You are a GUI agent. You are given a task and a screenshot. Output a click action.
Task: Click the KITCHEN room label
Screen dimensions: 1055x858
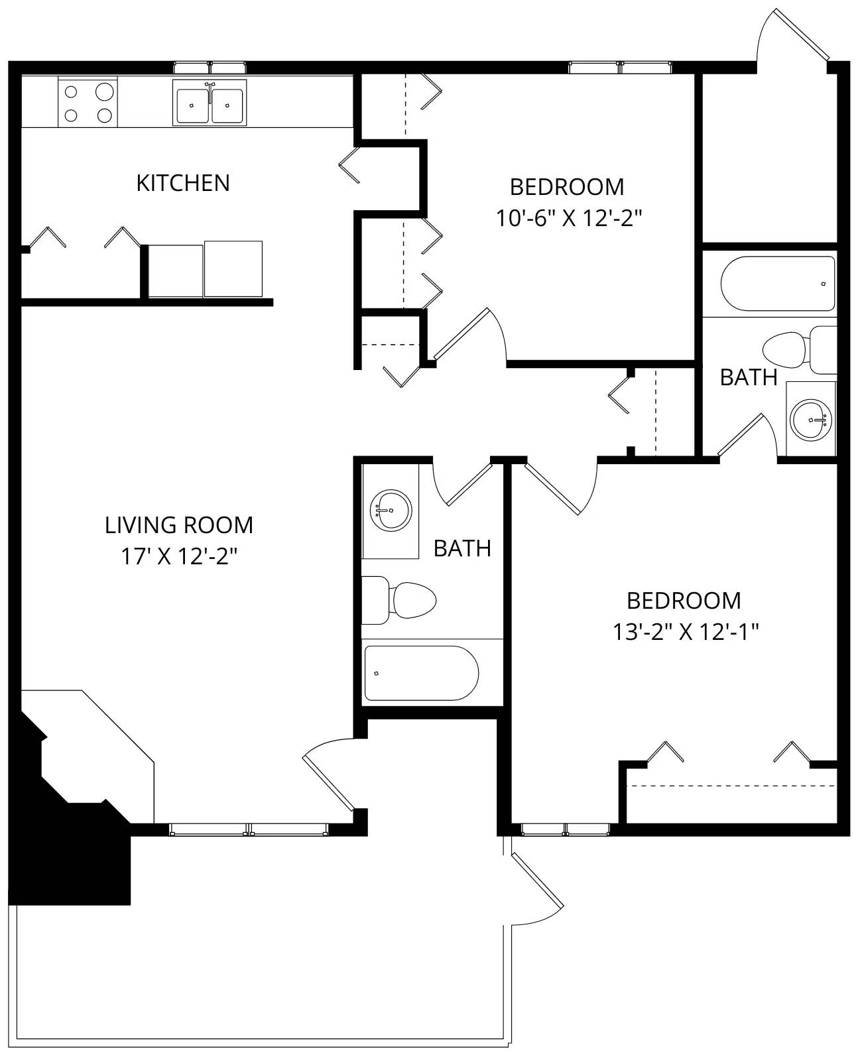(x=182, y=183)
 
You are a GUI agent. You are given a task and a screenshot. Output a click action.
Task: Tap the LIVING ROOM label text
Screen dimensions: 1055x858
(x=179, y=525)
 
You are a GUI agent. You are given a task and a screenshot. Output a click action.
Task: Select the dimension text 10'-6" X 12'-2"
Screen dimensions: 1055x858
(x=570, y=218)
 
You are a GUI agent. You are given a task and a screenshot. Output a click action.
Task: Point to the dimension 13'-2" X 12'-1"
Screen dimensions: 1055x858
(x=685, y=632)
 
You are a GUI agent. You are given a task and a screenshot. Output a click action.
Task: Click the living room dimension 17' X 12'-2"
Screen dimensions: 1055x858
(x=179, y=556)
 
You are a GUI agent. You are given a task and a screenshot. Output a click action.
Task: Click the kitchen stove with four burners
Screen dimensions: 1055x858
(x=88, y=102)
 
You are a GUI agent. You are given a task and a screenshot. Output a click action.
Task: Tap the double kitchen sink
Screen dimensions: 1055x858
(x=210, y=103)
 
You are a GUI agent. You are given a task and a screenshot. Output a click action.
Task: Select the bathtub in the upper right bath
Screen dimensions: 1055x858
(x=777, y=283)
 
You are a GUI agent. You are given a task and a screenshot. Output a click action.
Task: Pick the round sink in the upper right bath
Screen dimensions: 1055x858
(x=810, y=419)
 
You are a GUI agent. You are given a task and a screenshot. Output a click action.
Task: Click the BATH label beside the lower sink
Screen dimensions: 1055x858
(x=462, y=548)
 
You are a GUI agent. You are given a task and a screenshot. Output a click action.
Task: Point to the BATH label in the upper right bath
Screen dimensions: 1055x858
(x=748, y=377)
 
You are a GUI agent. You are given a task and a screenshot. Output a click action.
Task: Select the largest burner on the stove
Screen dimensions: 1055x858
(x=104, y=91)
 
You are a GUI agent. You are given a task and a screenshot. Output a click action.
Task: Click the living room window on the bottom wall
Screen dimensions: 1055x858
(x=248, y=829)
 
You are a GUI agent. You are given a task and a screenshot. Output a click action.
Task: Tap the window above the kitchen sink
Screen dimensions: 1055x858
(x=210, y=67)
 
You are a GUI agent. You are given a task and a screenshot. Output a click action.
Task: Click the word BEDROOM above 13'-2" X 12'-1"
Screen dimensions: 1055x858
(x=684, y=601)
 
